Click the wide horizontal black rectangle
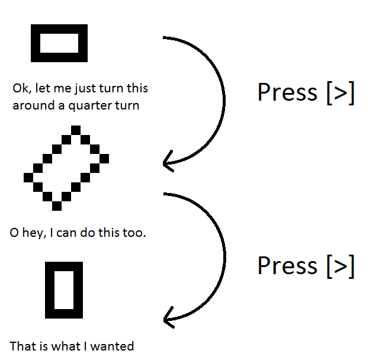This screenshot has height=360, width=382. [59, 29]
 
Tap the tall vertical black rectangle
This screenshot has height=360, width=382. [50, 290]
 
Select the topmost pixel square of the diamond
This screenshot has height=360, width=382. [76, 130]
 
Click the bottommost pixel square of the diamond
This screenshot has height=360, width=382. [57, 206]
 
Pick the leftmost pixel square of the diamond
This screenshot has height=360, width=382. [28, 178]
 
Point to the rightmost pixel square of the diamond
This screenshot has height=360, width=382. [104, 159]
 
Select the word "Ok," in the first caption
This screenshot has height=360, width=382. [22, 88]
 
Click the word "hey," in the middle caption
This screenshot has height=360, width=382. [34, 233]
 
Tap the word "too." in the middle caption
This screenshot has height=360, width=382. [134, 233]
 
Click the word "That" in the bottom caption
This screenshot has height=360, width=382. [21, 346]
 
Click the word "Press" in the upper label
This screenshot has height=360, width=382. [287, 92]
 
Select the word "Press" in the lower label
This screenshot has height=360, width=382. [287, 265]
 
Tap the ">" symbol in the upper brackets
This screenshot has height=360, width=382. [341, 94]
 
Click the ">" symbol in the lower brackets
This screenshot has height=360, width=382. [341, 266]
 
